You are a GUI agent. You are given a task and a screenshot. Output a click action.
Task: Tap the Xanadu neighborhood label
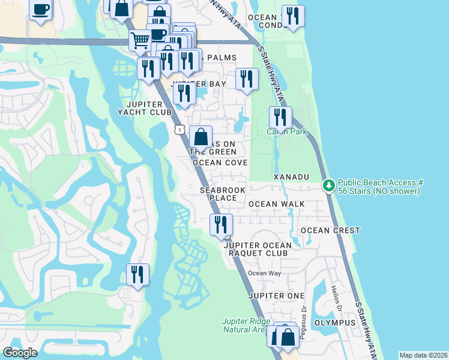pos(291,178)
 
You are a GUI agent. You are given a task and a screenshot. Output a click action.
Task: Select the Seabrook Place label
pos(223,194)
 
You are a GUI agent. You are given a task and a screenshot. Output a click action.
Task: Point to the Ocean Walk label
pos(276,204)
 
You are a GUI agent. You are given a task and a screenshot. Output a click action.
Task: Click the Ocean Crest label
pos(330,230)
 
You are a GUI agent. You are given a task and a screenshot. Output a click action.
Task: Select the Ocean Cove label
pos(220,163)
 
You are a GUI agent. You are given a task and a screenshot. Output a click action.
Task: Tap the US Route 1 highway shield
pos(179,129)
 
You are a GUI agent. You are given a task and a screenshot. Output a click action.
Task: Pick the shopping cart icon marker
pos(140,41)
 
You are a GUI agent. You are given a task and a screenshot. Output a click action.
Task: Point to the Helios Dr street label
pos(335,298)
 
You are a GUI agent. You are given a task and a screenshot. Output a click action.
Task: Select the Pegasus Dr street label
pos(304,325)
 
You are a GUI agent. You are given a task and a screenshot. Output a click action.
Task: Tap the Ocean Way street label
pos(265,274)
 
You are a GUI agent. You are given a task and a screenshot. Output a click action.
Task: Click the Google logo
pos(20,353)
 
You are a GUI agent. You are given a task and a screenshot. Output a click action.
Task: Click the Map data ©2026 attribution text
pos(423,355)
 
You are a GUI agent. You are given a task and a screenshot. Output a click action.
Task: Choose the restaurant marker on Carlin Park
pos(280,118)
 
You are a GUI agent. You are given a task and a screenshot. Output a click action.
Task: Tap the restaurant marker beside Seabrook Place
pos(221,225)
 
